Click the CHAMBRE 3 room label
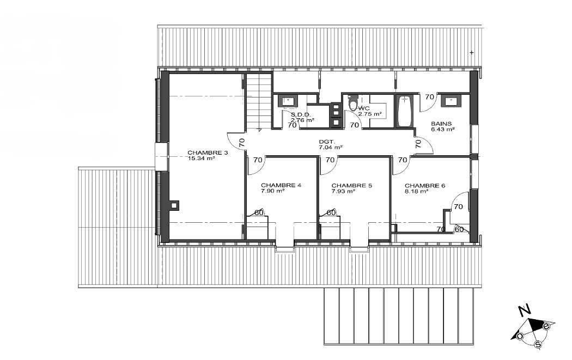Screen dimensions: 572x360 [208, 152]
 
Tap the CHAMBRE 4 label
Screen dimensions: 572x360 [281, 185]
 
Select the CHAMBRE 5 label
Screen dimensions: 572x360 [352, 185]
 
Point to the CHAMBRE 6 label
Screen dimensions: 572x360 [424, 185]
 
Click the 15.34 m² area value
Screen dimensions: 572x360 [201, 158]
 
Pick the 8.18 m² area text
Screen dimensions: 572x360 [416, 191]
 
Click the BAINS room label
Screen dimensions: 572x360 [441, 124]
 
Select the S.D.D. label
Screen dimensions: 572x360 [301, 114]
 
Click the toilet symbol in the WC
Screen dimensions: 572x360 [353, 102]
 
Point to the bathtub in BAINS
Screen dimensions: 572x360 [404, 111]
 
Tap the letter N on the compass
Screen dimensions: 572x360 [525, 311]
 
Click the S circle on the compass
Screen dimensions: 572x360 [538, 344]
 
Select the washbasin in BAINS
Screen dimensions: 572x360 [451, 100]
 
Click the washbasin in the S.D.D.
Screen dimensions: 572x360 [288, 100]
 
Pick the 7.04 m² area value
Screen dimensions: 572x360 [331, 148]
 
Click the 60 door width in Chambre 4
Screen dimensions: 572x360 [259, 212]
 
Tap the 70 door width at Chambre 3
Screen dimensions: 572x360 [241, 143]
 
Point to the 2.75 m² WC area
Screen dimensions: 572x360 [370, 114]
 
